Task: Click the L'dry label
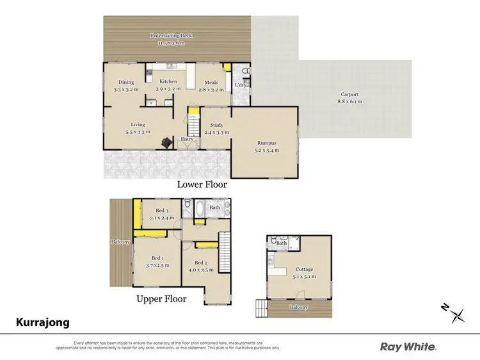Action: point(241,85)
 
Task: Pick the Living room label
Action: point(138,128)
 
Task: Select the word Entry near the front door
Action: point(188,139)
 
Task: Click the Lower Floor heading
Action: point(202,184)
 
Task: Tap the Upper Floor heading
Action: point(161,299)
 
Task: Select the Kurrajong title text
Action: point(42,323)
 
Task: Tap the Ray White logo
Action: point(408,347)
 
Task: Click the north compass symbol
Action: point(456,313)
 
